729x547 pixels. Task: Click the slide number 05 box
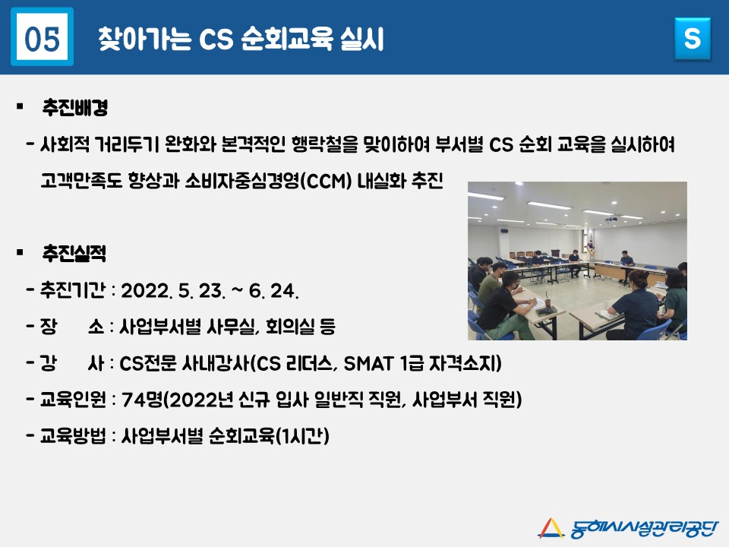[42, 37]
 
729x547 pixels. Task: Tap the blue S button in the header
[693, 39]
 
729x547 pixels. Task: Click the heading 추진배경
[75, 107]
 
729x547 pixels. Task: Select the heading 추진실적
[74, 253]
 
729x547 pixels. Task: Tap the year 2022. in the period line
[147, 291]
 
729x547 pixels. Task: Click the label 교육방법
[73, 436]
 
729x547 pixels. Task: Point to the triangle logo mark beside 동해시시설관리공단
[551, 529]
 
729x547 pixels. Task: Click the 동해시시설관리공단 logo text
[645, 529]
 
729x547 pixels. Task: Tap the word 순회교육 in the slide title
[287, 39]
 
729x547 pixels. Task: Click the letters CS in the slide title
[216, 39]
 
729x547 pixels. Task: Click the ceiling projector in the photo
[611, 219]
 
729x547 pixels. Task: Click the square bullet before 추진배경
[20, 107]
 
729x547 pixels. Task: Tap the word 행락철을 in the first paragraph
[325, 144]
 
